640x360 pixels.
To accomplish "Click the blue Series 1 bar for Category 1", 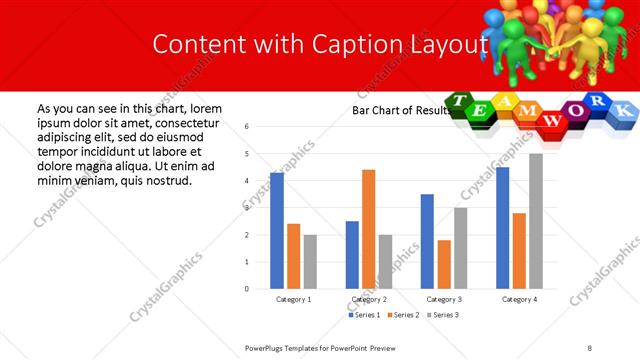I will (277, 231).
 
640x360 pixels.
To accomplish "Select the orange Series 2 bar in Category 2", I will (368, 229).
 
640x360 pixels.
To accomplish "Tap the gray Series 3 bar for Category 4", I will (536, 221).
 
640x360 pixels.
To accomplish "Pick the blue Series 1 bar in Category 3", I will (427, 241).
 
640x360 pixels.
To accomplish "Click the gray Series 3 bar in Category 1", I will (310, 261).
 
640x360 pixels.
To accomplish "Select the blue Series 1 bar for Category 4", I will (502, 228).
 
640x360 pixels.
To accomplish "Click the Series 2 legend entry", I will (402, 315).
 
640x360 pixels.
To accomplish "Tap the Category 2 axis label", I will (369, 299).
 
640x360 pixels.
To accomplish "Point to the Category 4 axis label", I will (519, 299).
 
